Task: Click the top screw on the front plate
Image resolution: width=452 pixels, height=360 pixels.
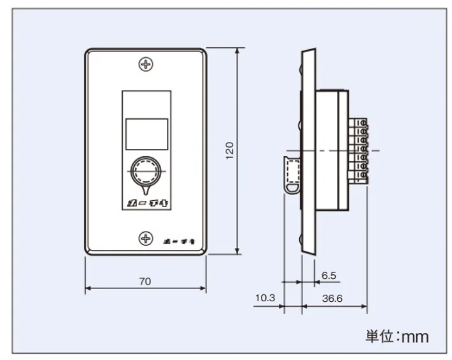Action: click(x=147, y=64)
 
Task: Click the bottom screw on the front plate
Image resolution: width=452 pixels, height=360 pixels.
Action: click(x=147, y=239)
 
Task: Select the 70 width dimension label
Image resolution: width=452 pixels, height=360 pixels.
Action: click(x=146, y=281)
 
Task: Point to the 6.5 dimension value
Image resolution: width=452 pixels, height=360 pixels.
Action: click(x=329, y=276)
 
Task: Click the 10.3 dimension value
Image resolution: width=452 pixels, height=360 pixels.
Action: click(x=265, y=299)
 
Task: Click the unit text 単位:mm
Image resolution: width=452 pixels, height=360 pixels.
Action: click(x=397, y=336)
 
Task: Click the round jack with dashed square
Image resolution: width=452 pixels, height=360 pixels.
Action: click(x=146, y=172)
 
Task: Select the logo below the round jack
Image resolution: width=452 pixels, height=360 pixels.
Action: click(x=146, y=203)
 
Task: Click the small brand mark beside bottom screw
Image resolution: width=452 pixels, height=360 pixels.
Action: click(x=176, y=239)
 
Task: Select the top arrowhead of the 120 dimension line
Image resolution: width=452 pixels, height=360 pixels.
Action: click(x=238, y=51)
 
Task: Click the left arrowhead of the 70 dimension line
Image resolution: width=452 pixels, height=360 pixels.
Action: click(x=88, y=288)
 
